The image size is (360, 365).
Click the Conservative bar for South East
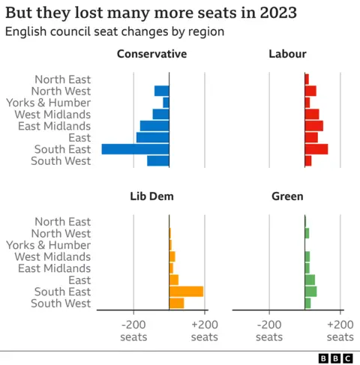pyautogui.click(x=135, y=149)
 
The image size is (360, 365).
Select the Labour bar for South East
pyautogui.click(x=316, y=149)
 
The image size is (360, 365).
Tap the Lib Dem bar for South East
pyautogui.click(x=186, y=292)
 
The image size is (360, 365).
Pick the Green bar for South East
pyautogui.click(x=310, y=292)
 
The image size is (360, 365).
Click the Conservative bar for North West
pyautogui.click(x=161, y=91)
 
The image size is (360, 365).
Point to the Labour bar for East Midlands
pyautogui.click(x=313, y=126)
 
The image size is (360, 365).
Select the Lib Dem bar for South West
pyautogui.click(x=176, y=303)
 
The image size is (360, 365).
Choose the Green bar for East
pyautogui.click(x=310, y=280)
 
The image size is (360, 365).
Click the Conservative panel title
pyautogui.click(x=151, y=54)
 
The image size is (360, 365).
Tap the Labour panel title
pyautogui.click(x=287, y=54)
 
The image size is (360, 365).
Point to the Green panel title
pyautogui.click(x=287, y=196)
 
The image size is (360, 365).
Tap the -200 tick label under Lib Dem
pyautogui.click(x=133, y=331)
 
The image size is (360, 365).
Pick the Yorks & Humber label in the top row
pyautogui.click(x=48, y=103)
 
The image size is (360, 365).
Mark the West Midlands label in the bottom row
pyautogui.click(x=52, y=256)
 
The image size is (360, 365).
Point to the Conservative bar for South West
pyautogui.click(x=157, y=161)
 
